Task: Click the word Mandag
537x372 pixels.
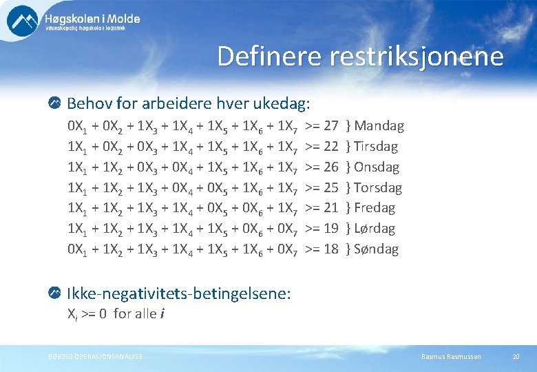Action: click(x=379, y=126)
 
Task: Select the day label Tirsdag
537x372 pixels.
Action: click(x=376, y=147)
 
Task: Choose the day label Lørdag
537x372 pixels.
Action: click(x=376, y=229)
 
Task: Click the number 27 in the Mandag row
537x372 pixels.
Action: click(x=330, y=126)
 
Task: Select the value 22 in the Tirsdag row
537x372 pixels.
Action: click(x=330, y=147)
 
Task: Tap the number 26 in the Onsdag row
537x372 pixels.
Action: click(x=330, y=167)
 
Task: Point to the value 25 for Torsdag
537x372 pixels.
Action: click(x=330, y=187)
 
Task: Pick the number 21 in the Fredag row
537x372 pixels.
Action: click(x=330, y=208)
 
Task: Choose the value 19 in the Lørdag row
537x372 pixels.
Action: click(x=330, y=229)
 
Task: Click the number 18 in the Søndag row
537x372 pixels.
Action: click(x=330, y=249)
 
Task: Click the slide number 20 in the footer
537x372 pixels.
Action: click(x=516, y=356)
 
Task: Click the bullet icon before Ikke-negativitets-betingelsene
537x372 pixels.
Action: click(x=53, y=293)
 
